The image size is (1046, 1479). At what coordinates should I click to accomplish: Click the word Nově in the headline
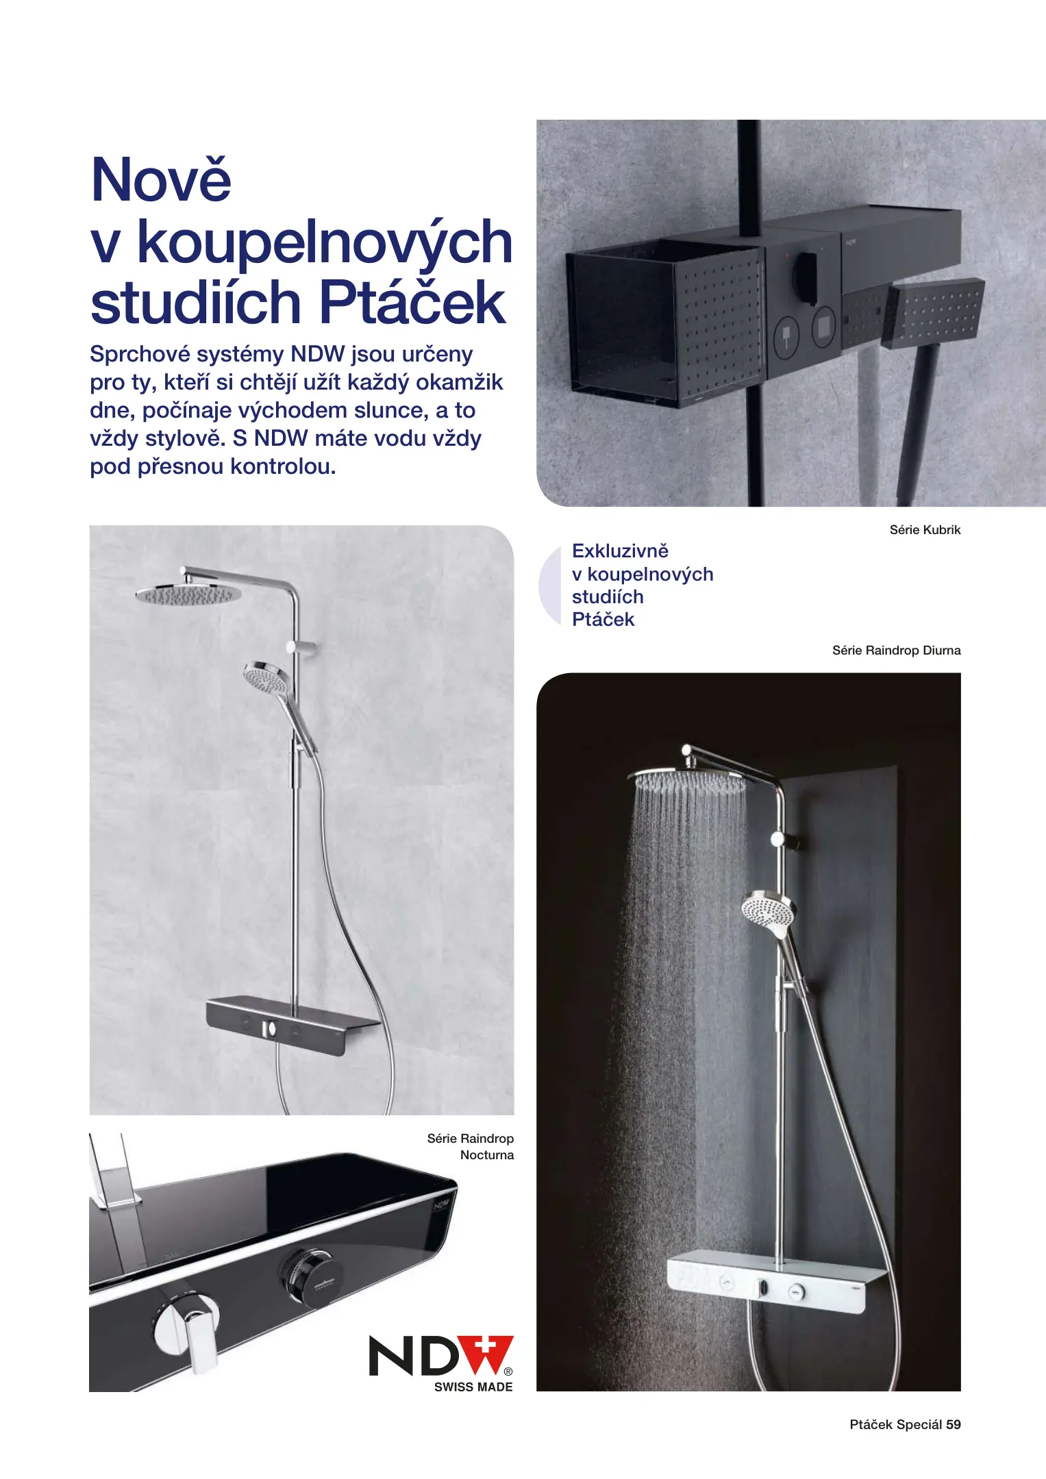point(161,180)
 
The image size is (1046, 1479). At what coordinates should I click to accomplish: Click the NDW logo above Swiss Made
point(440,1356)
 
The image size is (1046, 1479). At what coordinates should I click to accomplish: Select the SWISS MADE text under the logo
point(473,1387)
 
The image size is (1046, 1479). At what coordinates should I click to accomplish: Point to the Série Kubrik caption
point(925,530)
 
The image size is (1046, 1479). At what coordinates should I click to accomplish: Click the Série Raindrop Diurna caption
point(896,650)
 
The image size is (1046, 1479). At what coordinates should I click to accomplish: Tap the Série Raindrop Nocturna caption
point(471,1146)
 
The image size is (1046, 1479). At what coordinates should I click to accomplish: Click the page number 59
point(953,1424)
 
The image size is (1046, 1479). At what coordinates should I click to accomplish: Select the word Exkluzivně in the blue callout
point(620,551)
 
